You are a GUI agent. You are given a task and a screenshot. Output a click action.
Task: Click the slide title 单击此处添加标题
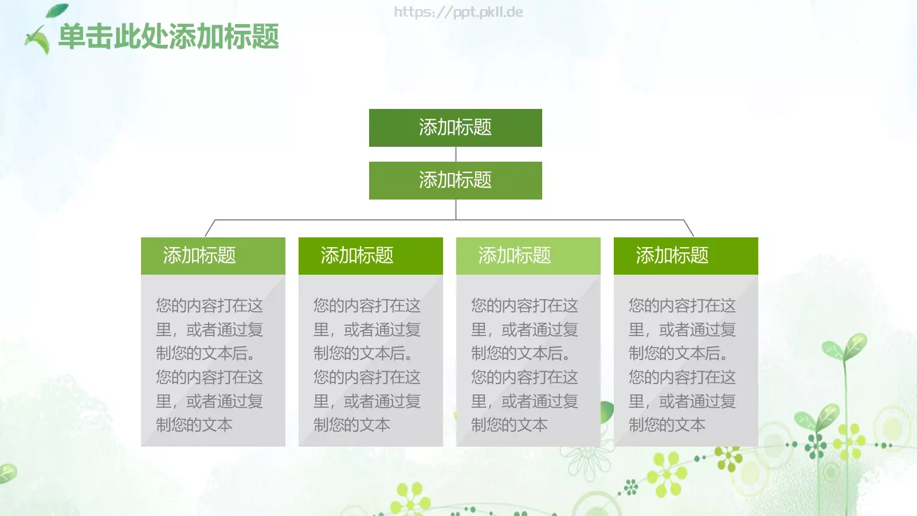coord(168,37)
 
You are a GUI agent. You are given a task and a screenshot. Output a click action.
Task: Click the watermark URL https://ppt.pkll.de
coord(458,12)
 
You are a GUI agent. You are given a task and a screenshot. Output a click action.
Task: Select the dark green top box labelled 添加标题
coord(455,127)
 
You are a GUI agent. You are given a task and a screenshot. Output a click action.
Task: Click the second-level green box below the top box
coord(455,180)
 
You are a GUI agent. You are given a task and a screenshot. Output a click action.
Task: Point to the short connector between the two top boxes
coord(456,154)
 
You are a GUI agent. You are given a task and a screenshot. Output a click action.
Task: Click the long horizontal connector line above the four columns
coord(344,220)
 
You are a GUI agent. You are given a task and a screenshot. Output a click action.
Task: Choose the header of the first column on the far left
coord(213,256)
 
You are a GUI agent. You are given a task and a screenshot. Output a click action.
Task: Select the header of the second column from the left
coord(370,256)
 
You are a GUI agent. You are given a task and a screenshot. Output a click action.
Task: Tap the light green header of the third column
coord(528,256)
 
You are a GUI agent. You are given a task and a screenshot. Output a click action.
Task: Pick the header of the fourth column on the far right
coord(685,256)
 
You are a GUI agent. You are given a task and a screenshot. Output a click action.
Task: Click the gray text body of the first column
coord(213,361)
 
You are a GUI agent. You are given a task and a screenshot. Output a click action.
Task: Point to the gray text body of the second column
coord(370,361)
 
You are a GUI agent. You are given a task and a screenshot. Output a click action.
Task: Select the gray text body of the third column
coord(528,361)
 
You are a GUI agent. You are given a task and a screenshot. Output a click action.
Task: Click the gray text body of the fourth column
coord(685,361)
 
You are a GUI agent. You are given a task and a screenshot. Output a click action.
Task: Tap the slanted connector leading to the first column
coord(210,228)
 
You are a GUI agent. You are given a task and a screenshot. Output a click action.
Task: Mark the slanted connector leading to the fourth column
coord(688,228)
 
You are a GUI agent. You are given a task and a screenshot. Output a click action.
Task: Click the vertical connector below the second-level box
coord(456,209)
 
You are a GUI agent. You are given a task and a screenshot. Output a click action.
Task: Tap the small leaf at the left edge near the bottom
coord(7,474)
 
